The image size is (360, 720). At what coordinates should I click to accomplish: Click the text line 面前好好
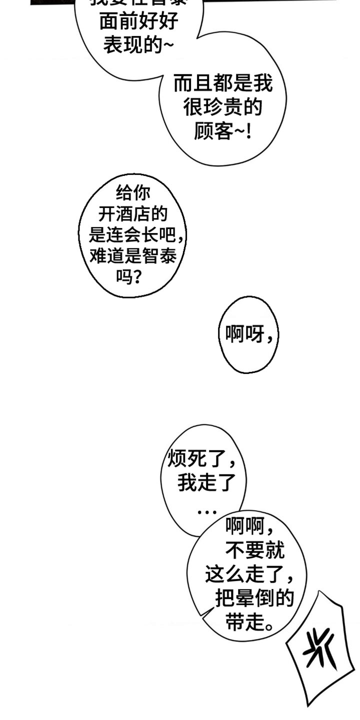coord(139,22)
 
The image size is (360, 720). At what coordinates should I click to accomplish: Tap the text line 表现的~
coord(139,45)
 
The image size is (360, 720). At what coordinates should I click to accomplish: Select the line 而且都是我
coord(223,83)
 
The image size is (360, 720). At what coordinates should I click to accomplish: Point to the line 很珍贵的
coord(223,107)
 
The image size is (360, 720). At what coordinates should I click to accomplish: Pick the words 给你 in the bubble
coord(132,193)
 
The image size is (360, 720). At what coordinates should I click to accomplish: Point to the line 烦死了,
coord(202,459)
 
